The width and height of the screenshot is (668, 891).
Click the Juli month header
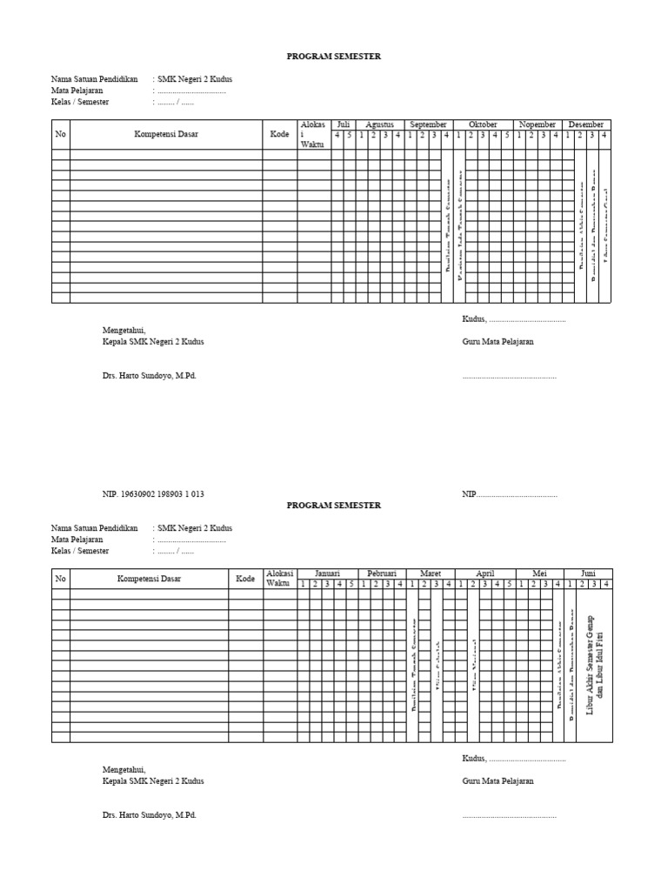tap(343, 124)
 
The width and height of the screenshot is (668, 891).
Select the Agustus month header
tap(379, 124)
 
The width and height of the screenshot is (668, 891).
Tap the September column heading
tap(428, 124)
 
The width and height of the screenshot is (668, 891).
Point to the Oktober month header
tap(483, 124)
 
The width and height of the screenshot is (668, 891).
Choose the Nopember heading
tap(538, 124)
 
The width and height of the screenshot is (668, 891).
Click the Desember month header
tap(586, 124)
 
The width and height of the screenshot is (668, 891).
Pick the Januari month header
tap(327, 573)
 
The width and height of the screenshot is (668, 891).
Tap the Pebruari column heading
tap(382, 573)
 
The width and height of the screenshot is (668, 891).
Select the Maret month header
tap(431, 573)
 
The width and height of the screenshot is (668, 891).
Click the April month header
tap(484, 573)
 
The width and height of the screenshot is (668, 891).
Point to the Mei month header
tap(539, 573)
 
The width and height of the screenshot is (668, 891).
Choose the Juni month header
tap(588, 573)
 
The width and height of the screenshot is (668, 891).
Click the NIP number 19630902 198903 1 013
tap(153, 493)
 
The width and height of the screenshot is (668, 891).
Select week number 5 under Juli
tap(350, 135)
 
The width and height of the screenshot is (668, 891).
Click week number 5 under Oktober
tap(507, 135)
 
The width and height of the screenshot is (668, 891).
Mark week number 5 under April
tap(509, 584)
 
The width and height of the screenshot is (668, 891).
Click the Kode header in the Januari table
tap(246, 579)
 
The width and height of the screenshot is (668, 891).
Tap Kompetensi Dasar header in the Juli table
tap(165, 135)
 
